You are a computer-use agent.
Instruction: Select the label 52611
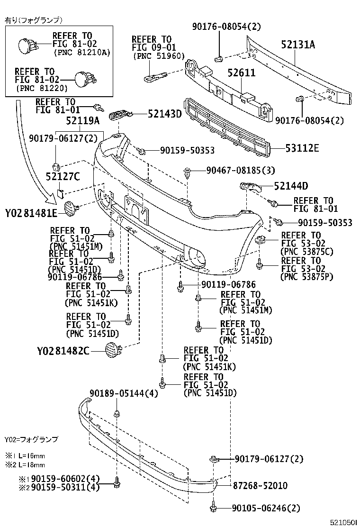pos(241,73)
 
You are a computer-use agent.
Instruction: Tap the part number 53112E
pos(302,148)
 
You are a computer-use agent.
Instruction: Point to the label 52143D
pos(164,114)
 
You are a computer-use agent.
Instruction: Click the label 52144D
pos(290,186)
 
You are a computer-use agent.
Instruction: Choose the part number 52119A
pos(83,121)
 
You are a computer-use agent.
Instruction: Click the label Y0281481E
pos(31,212)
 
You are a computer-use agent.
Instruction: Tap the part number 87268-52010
pos(260,485)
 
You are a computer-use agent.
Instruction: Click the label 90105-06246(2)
pos(266,509)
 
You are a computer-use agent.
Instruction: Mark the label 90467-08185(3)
pos(241,170)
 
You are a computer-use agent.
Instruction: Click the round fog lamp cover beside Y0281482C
pos(113,350)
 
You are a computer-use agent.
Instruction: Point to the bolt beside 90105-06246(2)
pos(214,509)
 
